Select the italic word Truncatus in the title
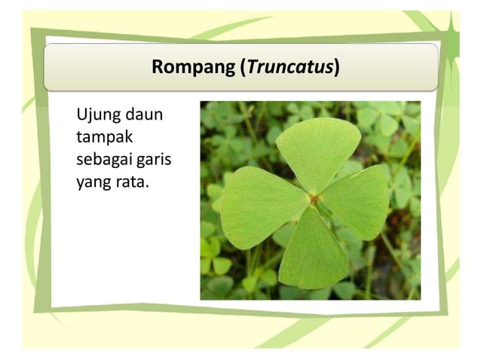[x=290, y=67]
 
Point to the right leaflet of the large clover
[x=356, y=201]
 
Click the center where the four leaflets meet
[x=314, y=199]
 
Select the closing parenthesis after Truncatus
[x=336, y=67]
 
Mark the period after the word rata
[x=147, y=187]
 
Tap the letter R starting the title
[x=158, y=67]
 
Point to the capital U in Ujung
[x=81, y=117]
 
